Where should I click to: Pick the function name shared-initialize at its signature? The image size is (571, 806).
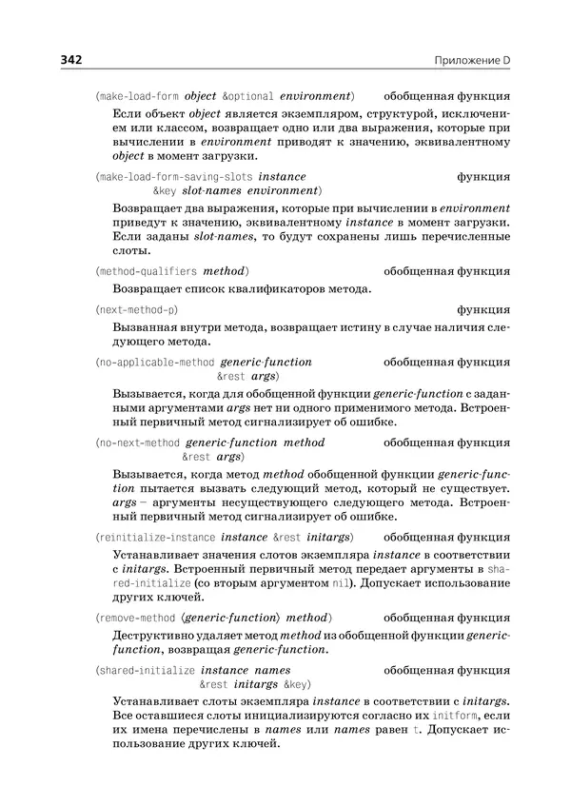click(x=148, y=669)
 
